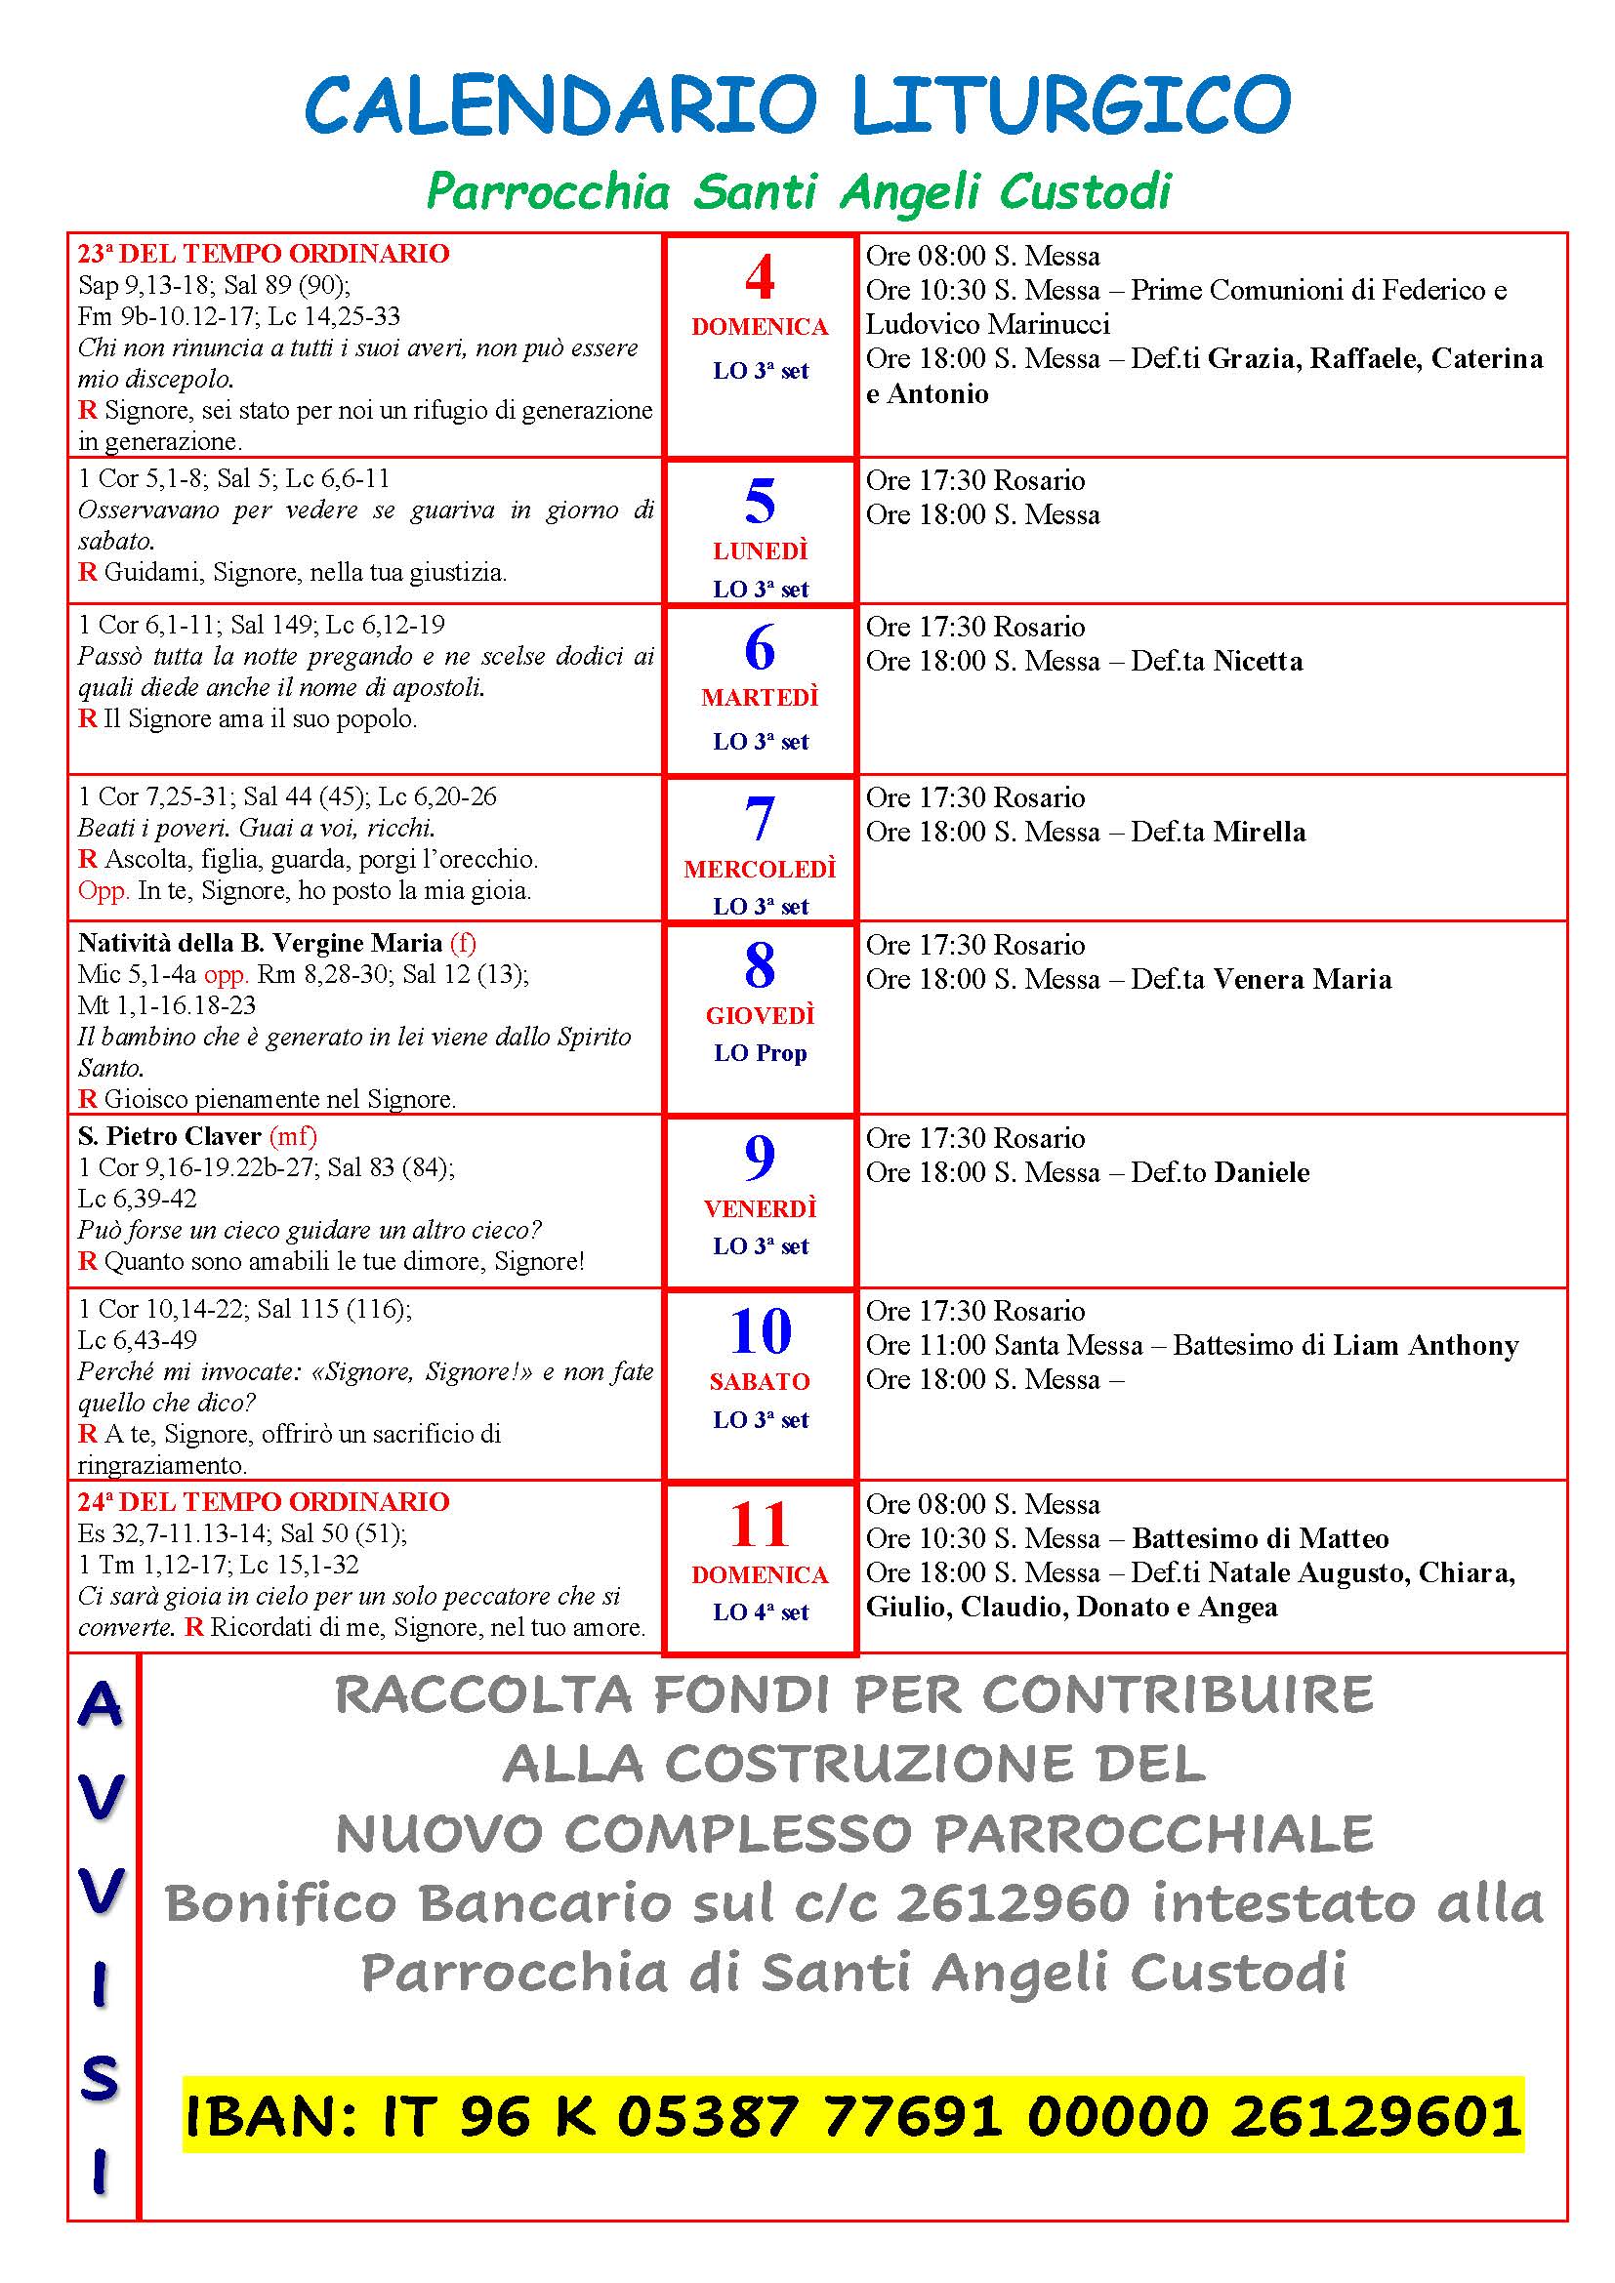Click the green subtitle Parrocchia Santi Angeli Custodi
point(799,191)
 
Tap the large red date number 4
point(760,277)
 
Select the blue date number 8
point(760,965)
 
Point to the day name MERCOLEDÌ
point(760,869)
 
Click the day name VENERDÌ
point(760,1209)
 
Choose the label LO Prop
point(760,1053)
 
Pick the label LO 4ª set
point(760,1611)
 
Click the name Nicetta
point(1258,661)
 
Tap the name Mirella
point(1259,833)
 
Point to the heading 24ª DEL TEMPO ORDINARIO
point(264,1501)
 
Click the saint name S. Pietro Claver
point(169,1135)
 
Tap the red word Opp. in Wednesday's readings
point(104,890)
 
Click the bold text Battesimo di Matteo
point(1260,1538)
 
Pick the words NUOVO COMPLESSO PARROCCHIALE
point(853,1834)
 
